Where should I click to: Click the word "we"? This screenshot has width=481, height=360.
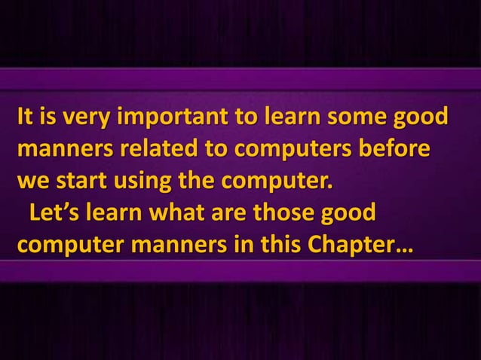33,183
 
